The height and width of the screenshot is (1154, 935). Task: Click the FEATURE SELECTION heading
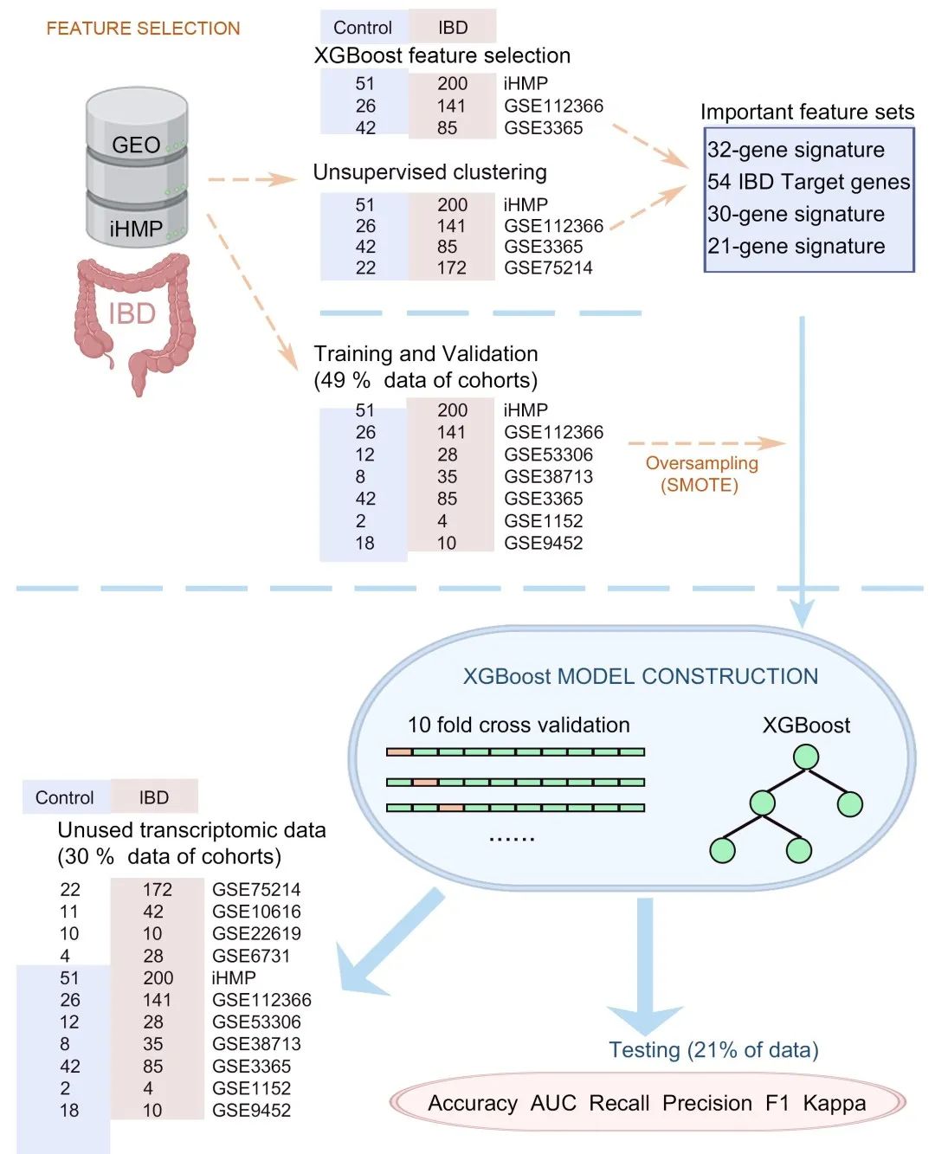(143, 29)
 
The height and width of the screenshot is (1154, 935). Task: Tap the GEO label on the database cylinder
(136, 145)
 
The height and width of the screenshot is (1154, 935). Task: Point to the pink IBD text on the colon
(132, 313)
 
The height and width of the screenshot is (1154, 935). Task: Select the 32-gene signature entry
(796, 150)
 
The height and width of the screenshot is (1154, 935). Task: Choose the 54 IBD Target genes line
(808, 182)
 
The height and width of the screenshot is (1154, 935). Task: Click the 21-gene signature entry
(796, 246)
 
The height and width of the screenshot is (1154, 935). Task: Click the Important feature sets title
(807, 112)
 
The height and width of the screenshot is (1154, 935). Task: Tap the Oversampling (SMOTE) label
(701, 474)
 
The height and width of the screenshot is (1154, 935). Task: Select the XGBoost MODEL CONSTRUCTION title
(640, 676)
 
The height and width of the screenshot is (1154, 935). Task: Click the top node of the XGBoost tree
(806, 757)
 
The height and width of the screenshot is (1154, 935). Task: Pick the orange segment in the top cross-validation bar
(399, 751)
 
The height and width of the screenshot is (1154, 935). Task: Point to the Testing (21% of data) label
(713, 1050)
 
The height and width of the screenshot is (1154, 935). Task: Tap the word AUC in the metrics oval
(552, 1103)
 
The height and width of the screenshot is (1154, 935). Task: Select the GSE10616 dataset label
(256, 912)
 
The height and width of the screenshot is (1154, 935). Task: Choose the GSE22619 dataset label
(256, 933)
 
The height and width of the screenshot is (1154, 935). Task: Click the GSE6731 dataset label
(251, 956)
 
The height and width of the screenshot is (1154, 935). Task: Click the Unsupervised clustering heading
(429, 172)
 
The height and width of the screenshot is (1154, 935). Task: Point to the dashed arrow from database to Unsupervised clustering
(251, 180)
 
